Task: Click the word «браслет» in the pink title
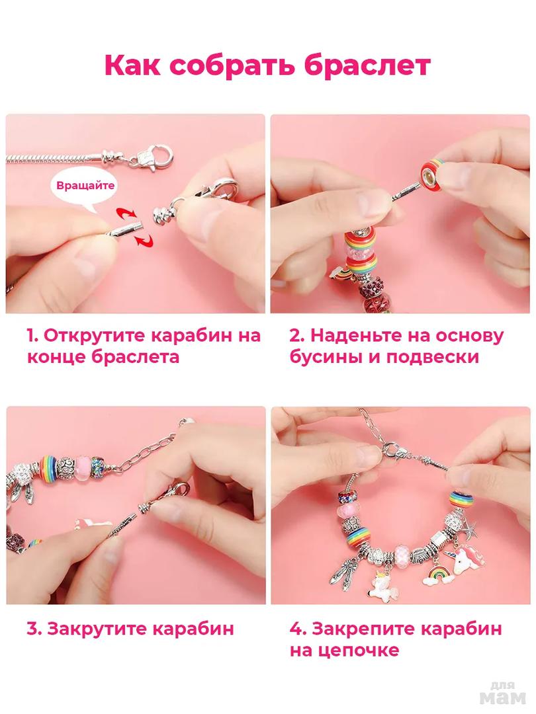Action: pyautogui.click(x=367, y=65)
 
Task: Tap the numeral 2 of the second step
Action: pyautogui.click(x=296, y=336)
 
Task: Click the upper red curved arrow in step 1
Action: pyautogui.click(x=126, y=213)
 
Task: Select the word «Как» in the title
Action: pyautogui.click(x=132, y=65)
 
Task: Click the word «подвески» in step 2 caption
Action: pyautogui.click(x=433, y=357)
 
